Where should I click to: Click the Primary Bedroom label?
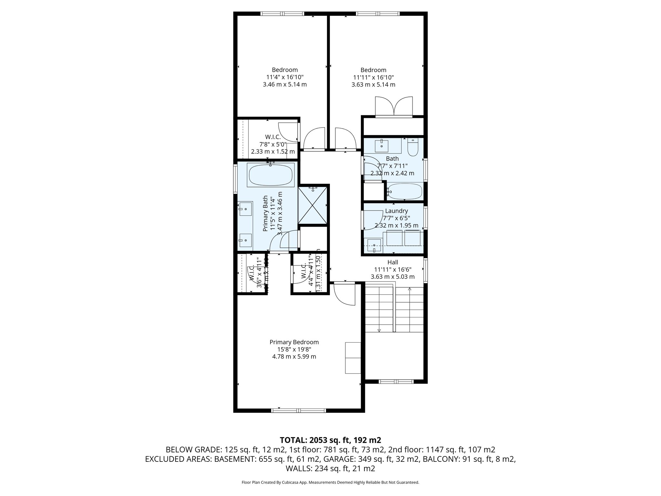[x=294, y=342]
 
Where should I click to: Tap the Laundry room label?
[x=396, y=211]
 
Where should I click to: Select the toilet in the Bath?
[x=412, y=148]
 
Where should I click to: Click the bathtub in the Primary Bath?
[x=271, y=175]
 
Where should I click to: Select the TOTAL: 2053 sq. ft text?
[x=330, y=440]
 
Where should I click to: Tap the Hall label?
[x=392, y=262]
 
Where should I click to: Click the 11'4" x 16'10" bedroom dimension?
[x=285, y=77]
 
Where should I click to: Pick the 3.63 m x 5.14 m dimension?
[x=373, y=85]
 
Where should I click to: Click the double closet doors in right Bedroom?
[x=394, y=107]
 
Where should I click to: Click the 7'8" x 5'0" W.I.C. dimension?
[x=273, y=144]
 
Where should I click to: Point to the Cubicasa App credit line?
[x=330, y=482]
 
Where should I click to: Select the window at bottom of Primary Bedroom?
[x=299, y=410]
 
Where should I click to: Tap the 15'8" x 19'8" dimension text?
[x=294, y=349]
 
